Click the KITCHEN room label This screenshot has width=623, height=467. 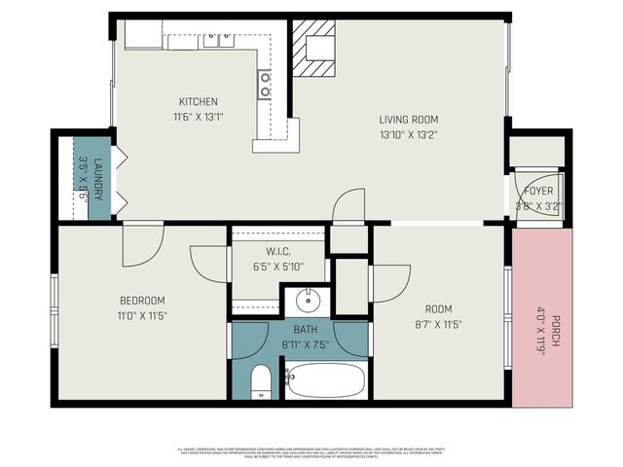(198, 101)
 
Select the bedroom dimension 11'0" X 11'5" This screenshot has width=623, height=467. (142, 316)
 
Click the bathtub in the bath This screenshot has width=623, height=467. (326, 379)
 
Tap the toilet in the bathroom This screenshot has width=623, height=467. (260, 381)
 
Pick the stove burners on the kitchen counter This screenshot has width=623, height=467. (265, 85)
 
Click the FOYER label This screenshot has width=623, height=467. (538, 191)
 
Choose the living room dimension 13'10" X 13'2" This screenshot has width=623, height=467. (408, 136)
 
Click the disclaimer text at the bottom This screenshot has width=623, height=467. (311, 452)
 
